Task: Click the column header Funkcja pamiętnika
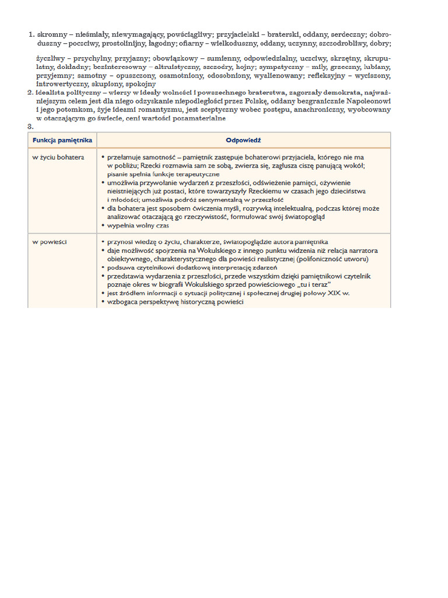coord(62,140)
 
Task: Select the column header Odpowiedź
coord(243,140)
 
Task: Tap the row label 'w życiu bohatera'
coord(58,157)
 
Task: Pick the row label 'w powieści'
coord(49,241)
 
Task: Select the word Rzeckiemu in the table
coord(268,191)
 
